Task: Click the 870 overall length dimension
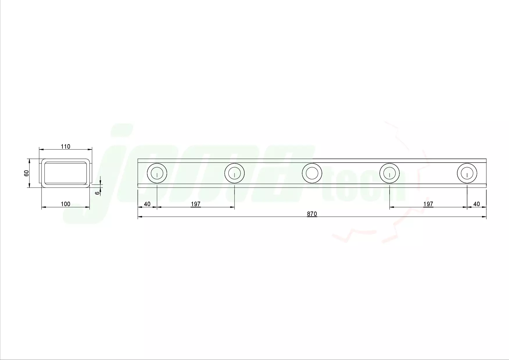click(312, 214)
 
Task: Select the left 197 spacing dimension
click(196, 204)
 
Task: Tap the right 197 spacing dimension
click(428, 204)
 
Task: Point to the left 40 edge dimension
click(147, 204)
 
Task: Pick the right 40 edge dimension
click(476, 204)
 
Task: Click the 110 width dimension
click(66, 147)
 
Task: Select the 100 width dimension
click(66, 204)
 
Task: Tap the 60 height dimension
click(26, 173)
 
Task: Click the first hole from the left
click(157, 174)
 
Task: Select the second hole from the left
click(234, 174)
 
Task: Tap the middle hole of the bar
click(312, 174)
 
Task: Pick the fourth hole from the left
click(390, 174)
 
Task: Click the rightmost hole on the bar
click(467, 174)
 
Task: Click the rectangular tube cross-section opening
click(66, 173)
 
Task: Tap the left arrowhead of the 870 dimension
click(140, 217)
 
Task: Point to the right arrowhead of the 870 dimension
click(484, 217)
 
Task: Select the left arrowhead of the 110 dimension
click(41, 149)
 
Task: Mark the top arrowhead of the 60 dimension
click(29, 161)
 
